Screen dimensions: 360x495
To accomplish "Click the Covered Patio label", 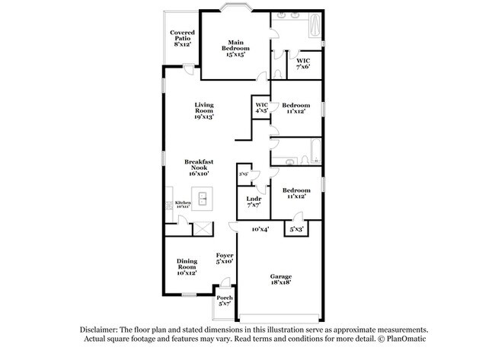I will pyautogui.click(x=182, y=39).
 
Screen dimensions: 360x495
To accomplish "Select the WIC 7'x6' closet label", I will pyautogui.click(x=303, y=64).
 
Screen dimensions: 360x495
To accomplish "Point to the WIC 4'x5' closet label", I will pyautogui.click(x=261, y=107).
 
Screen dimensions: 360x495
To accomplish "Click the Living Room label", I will pyautogui.click(x=203, y=110).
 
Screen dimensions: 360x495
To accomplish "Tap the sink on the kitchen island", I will pyautogui.click(x=203, y=200).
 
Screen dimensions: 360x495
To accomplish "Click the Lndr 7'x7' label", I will pyautogui.click(x=254, y=202).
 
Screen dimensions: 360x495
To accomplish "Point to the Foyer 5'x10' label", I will pyautogui.click(x=224, y=258).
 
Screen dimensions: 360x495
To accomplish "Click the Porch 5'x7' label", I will pyautogui.click(x=225, y=301).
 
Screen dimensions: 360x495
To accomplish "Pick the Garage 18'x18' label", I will pyautogui.click(x=281, y=279).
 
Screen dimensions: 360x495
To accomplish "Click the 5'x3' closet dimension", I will pyautogui.click(x=296, y=229).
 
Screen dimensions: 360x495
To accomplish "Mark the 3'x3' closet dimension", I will pyautogui.click(x=244, y=174).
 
